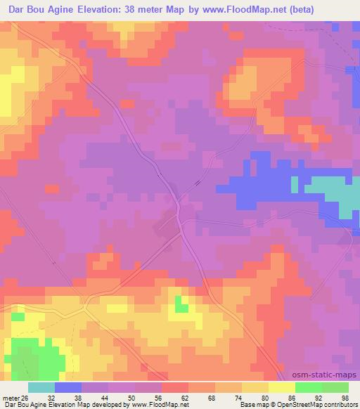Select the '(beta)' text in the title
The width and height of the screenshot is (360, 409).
point(309,9)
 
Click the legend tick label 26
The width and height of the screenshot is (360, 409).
point(25,397)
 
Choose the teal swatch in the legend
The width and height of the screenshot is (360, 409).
point(41,387)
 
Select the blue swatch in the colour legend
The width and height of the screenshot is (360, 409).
point(68,387)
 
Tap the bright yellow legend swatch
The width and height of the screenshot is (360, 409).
point(282,387)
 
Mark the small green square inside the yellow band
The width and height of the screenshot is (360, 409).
point(182,304)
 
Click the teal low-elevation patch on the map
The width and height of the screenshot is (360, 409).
point(331,190)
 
